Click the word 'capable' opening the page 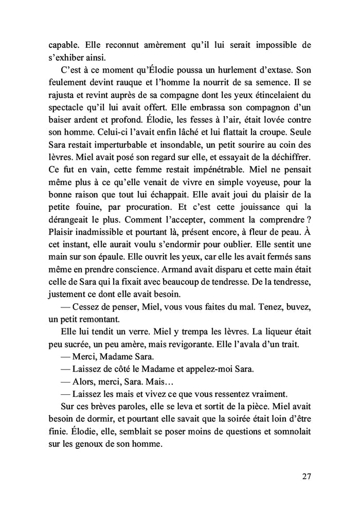(x=61, y=45)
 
